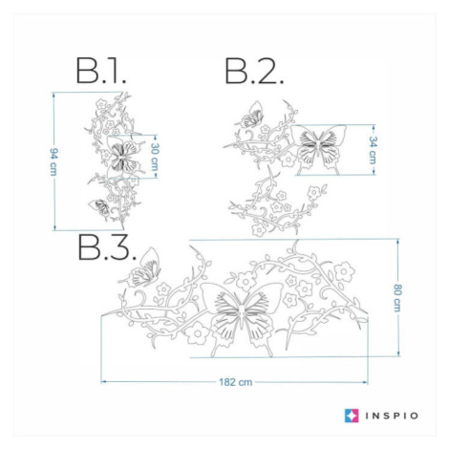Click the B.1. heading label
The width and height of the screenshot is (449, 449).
[x=101, y=71]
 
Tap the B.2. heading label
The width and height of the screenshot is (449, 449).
[x=254, y=71]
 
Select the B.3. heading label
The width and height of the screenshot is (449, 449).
[x=107, y=247]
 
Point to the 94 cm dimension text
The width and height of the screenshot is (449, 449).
[x=53, y=161]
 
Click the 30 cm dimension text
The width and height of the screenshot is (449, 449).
[x=155, y=157]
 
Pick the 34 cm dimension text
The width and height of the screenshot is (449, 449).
[x=373, y=150]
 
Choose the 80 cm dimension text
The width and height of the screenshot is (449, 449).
[x=397, y=297]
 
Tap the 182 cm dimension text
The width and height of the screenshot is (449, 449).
[x=236, y=382]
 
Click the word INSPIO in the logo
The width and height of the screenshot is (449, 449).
[x=392, y=416]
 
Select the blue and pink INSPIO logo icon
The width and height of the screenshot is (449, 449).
[x=352, y=416]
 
